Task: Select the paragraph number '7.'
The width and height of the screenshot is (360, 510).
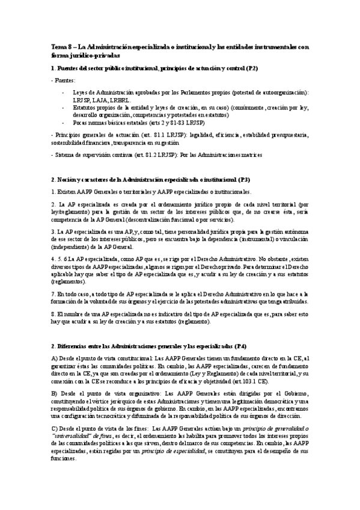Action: pos(53,293)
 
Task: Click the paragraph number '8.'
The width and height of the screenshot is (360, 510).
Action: pos(53,314)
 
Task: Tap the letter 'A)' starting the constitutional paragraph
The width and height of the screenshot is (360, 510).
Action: pos(55,359)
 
